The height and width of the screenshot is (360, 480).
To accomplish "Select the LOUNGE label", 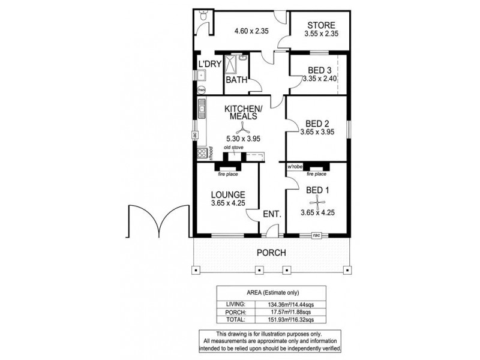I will [227, 194].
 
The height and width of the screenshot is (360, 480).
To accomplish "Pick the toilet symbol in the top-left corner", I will [203, 19].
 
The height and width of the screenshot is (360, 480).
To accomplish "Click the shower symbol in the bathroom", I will [242, 59].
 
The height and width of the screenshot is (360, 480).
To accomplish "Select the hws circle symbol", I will [202, 90].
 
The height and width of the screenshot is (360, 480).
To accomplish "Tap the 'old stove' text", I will [233, 148].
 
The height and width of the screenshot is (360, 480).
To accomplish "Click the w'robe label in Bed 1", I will [294, 166].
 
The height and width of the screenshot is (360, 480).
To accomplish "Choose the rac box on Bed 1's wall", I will [316, 236].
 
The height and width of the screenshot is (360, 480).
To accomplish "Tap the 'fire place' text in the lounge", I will [229, 175].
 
